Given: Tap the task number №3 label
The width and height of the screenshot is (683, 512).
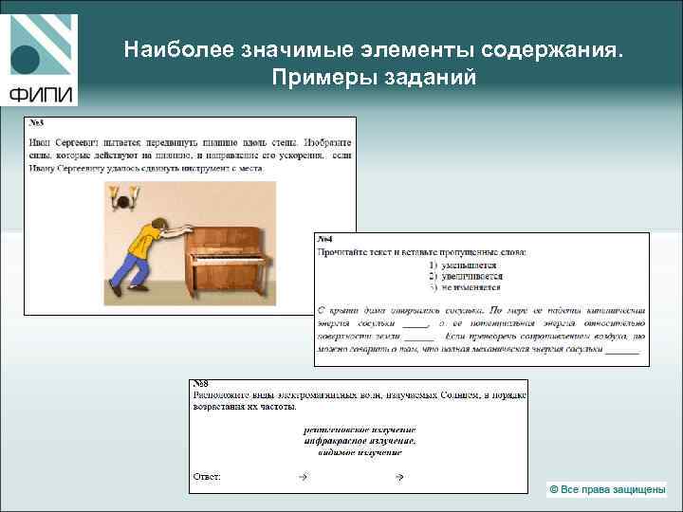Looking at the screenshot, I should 36,123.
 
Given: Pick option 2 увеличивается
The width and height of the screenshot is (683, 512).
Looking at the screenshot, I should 464,276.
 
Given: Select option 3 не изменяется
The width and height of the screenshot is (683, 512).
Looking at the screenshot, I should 464,286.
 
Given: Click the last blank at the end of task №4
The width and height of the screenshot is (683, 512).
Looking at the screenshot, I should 622,349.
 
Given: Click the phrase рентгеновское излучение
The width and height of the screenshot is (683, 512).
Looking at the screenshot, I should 360,430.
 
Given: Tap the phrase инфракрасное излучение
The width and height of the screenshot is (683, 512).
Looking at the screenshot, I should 360,441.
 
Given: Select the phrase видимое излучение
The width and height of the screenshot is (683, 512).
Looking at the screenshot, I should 360,452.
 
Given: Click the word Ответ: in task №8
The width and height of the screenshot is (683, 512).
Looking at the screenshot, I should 207,476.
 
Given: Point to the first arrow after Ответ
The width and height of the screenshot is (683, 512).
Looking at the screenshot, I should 303,476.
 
